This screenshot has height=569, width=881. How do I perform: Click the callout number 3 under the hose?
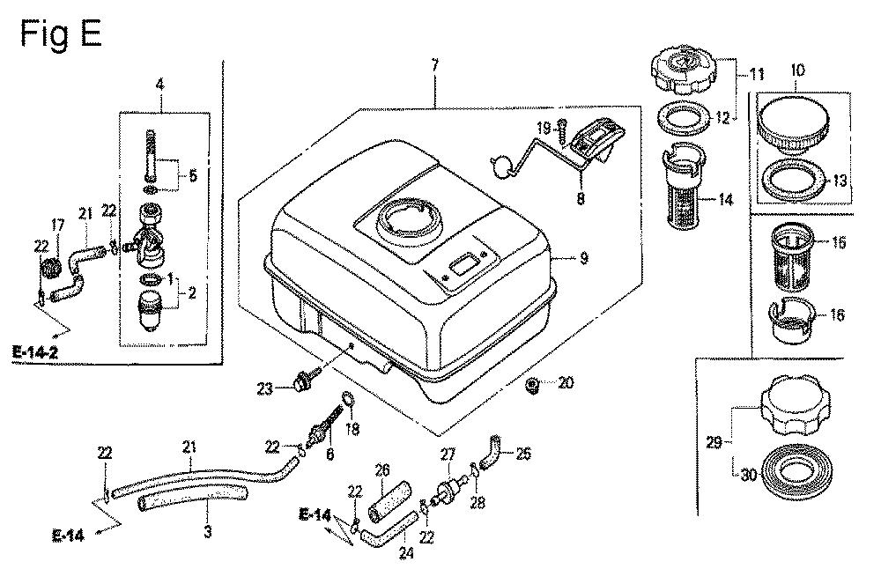(207, 531)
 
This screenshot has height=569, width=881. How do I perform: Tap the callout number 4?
(159, 85)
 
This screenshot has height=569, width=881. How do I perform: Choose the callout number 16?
(838, 314)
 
